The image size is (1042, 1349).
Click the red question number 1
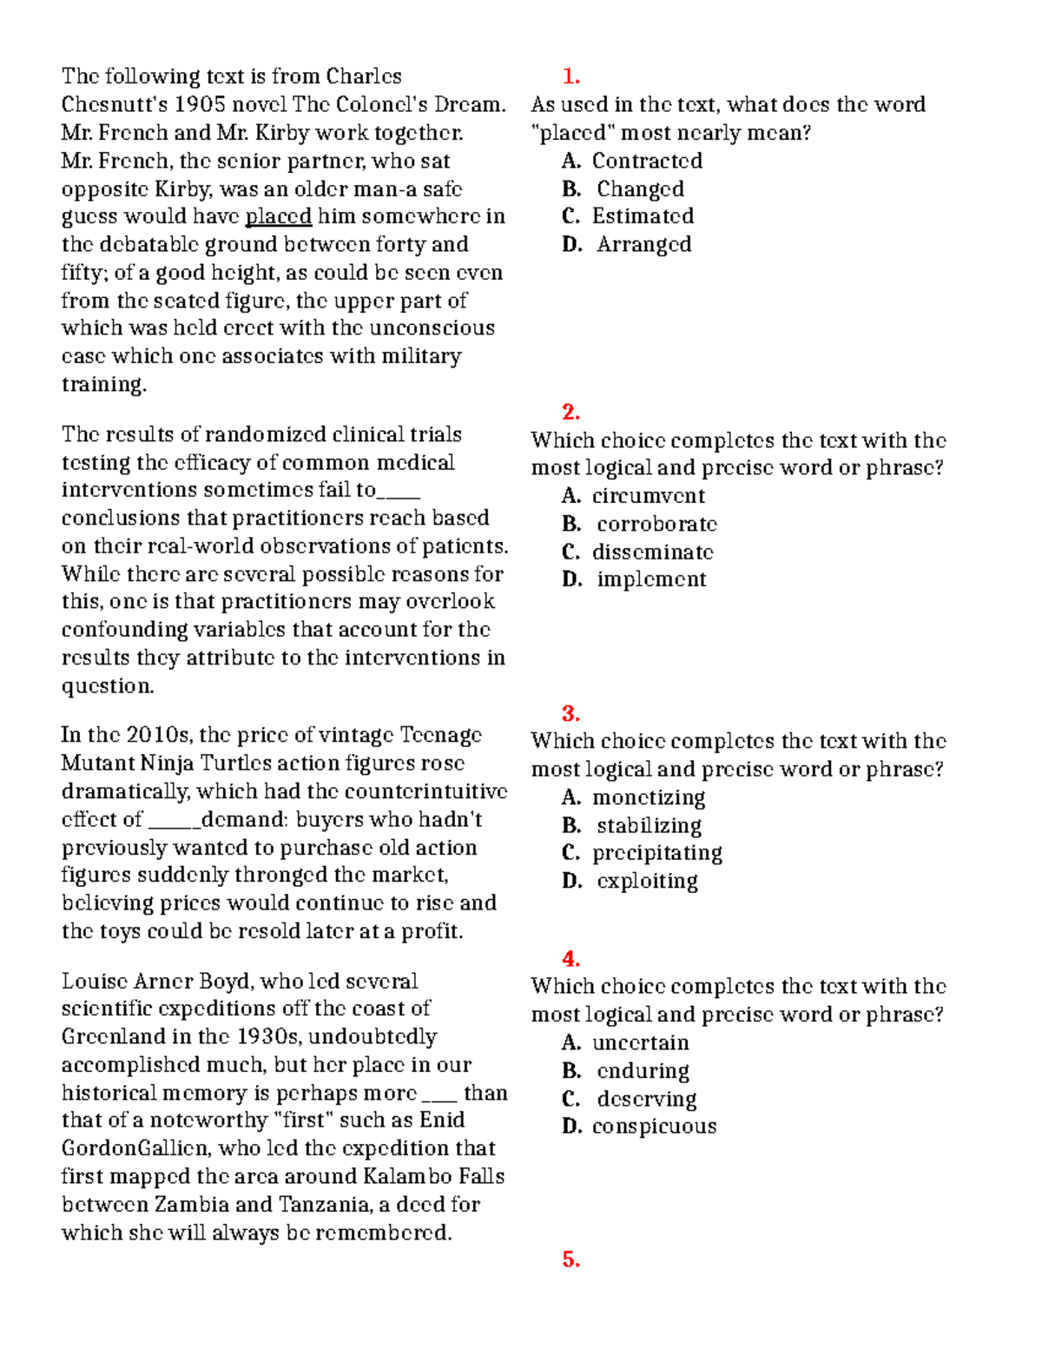pyautogui.click(x=570, y=76)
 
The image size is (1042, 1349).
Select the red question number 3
pyautogui.click(x=570, y=713)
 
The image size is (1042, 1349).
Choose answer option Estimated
pyautogui.click(x=643, y=216)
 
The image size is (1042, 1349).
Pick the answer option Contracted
pyautogui.click(x=647, y=161)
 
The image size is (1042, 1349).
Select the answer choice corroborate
pyautogui.click(x=656, y=524)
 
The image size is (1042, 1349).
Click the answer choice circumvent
pyautogui.click(x=648, y=496)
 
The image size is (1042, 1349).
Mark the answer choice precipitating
pyautogui.click(x=656, y=853)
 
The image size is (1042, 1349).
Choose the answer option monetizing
pyautogui.click(x=648, y=797)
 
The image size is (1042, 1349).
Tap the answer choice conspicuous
pyautogui.click(x=654, y=1127)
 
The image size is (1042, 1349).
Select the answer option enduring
pyautogui.click(x=643, y=1071)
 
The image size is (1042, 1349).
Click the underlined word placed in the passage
pyautogui.click(x=279, y=216)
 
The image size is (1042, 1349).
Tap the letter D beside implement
pyautogui.click(x=571, y=579)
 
